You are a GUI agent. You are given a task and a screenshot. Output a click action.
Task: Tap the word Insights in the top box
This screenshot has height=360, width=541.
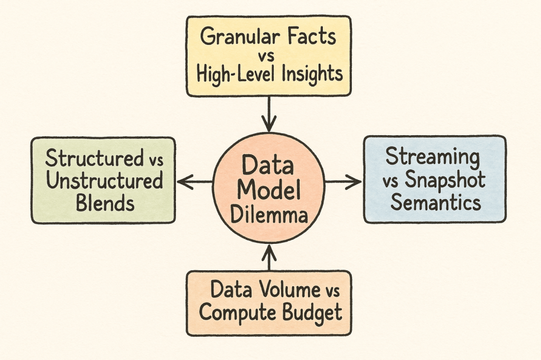tap(312, 74)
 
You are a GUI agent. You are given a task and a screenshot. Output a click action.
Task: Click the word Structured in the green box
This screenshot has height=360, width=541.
tap(94, 158)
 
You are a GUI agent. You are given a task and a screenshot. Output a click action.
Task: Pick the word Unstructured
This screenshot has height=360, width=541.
tap(104, 181)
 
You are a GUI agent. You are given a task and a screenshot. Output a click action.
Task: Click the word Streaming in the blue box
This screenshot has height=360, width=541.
tap(433, 158)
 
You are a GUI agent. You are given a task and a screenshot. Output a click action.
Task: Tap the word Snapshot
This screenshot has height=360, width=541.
tap(445, 179)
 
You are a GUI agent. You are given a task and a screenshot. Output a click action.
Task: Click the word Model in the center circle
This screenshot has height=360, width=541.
tap(269, 190)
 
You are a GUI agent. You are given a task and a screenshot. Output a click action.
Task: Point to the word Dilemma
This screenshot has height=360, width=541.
tap(269, 215)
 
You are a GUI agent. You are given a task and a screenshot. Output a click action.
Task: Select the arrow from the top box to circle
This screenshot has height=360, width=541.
tap(269, 114)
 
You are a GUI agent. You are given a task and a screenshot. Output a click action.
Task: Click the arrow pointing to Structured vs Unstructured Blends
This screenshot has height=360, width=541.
tap(195, 182)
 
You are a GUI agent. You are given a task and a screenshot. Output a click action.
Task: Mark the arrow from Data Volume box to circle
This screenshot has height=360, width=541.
tap(269, 257)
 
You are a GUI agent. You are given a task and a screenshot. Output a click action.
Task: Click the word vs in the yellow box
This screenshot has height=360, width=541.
tap(266, 55)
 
